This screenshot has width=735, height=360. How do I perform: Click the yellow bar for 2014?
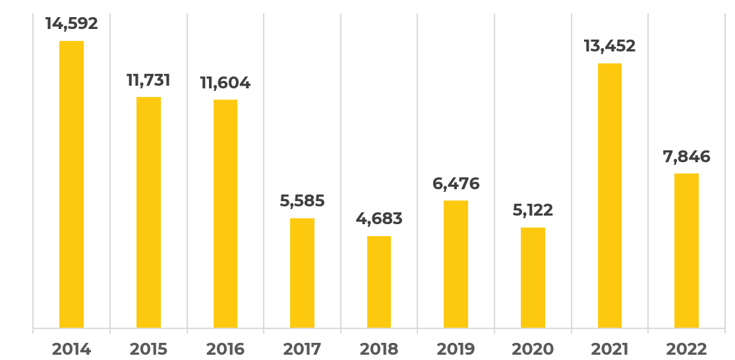pyautogui.click(x=71, y=185)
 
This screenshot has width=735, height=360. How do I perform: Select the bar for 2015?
pyautogui.click(x=148, y=212)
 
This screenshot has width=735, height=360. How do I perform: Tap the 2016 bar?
pyautogui.click(x=225, y=214)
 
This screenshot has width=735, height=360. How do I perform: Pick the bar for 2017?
pyautogui.click(x=302, y=273)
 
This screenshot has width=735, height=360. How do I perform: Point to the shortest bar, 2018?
pyautogui.click(x=379, y=282)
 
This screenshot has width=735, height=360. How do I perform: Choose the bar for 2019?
pyautogui.click(x=456, y=264)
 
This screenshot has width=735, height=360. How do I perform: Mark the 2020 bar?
pyautogui.click(x=533, y=278)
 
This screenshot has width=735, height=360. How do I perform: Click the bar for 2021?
pyautogui.click(x=610, y=196)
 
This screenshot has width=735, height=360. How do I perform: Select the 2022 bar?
pyautogui.click(x=686, y=251)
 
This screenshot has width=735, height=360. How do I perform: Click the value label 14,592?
pyautogui.click(x=71, y=24)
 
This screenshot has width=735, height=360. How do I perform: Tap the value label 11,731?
pyautogui.click(x=148, y=80)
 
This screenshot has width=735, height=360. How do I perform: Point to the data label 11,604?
pyautogui.click(x=225, y=83)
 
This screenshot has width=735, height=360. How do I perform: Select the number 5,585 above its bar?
pyautogui.click(x=302, y=201)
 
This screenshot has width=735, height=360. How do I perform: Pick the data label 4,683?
pyautogui.click(x=379, y=219)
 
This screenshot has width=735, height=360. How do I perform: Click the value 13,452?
pyautogui.click(x=610, y=46)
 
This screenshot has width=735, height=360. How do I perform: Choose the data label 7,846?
pyautogui.click(x=686, y=157)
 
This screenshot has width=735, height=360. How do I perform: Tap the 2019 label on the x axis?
pyautogui.click(x=456, y=349)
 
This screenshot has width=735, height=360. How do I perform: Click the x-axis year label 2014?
pyautogui.click(x=71, y=349)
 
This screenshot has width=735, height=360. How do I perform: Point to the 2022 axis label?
pyautogui.click(x=686, y=349)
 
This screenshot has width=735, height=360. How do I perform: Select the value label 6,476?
pyautogui.click(x=456, y=183)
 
